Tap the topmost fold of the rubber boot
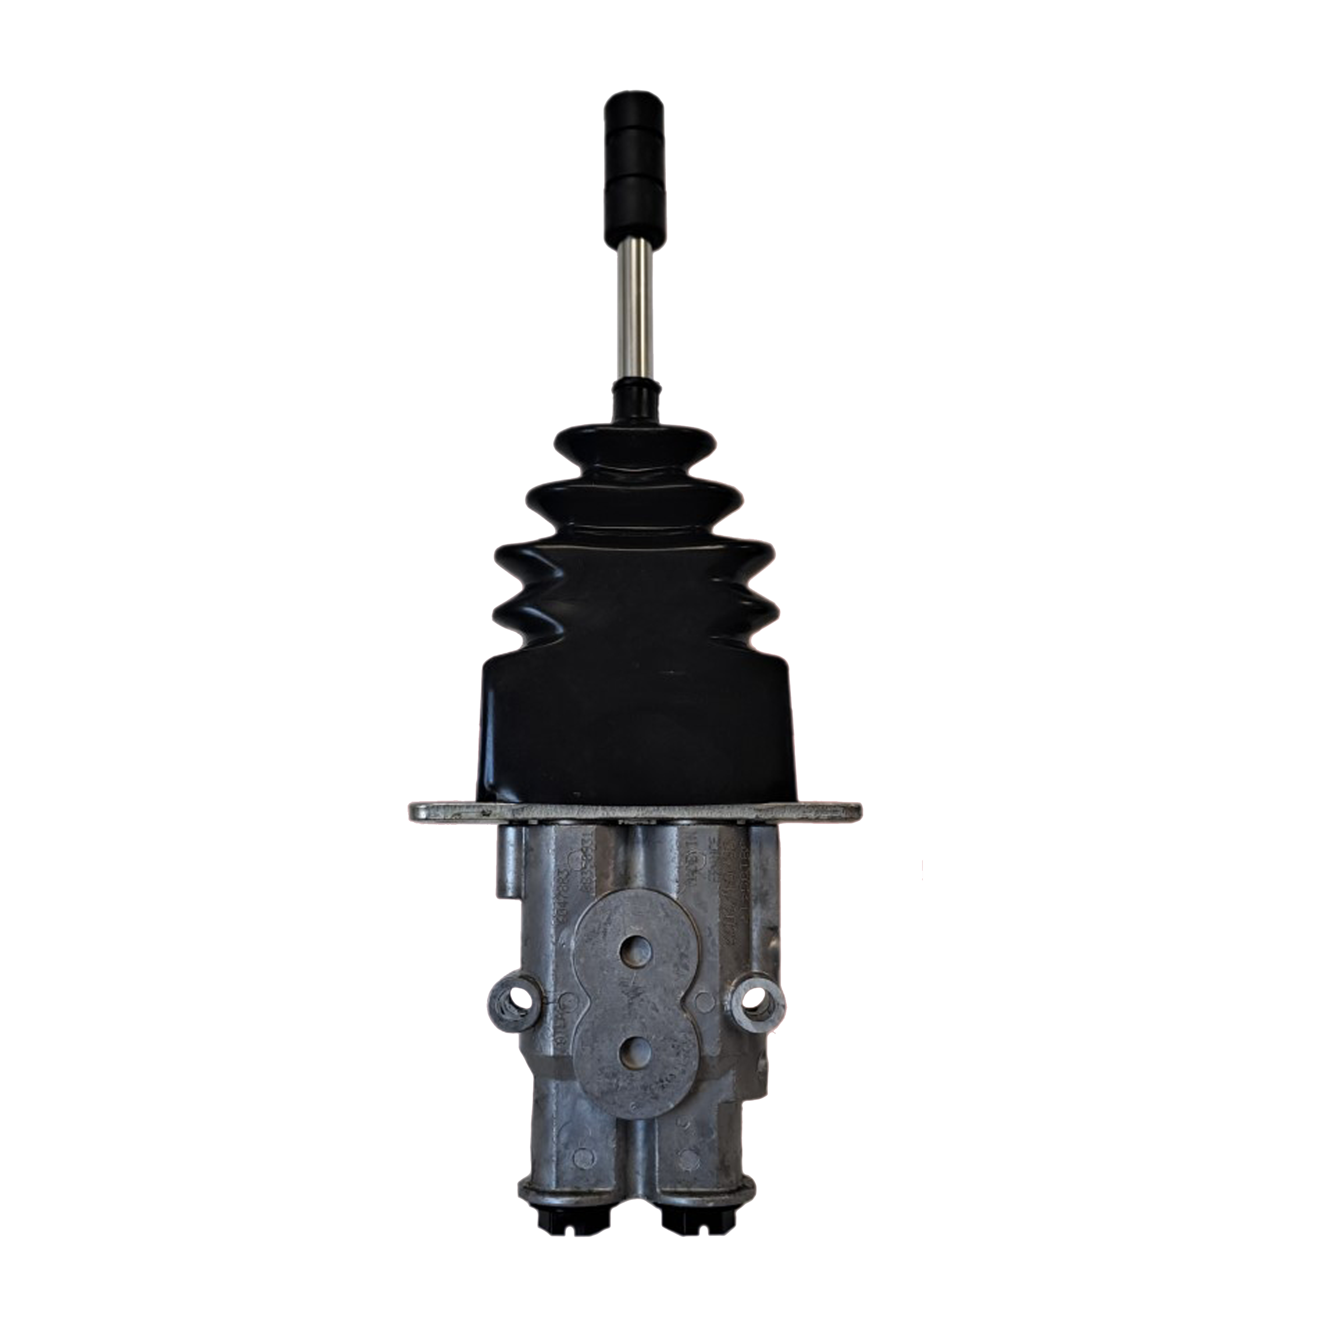636,441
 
